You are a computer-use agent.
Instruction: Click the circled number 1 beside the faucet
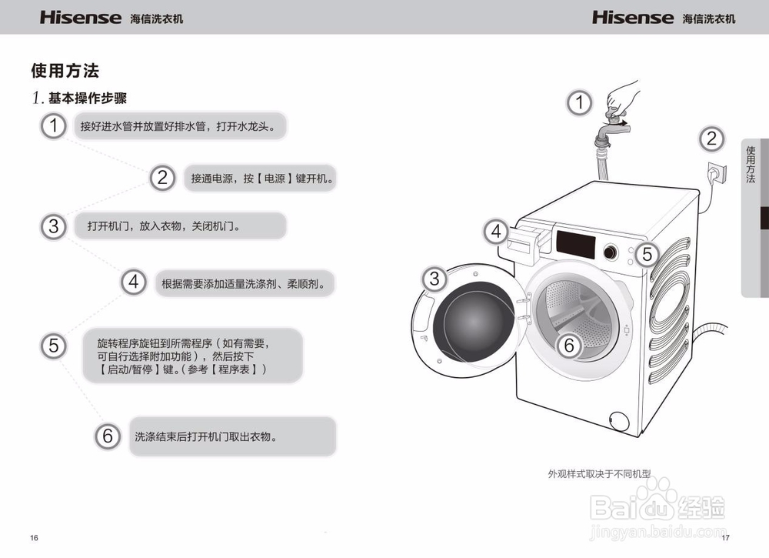pyautogui.click(x=580, y=102)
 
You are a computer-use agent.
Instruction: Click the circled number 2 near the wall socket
pyautogui.click(x=711, y=139)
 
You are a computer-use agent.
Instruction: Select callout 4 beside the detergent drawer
pyautogui.click(x=496, y=230)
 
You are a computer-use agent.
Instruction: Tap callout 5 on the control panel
pyautogui.click(x=647, y=254)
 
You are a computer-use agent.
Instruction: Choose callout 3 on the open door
pyautogui.click(x=434, y=279)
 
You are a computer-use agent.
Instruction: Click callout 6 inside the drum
pyautogui.click(x=569, y=346)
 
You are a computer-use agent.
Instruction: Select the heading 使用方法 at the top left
pyautogui.click(x=65, y=71)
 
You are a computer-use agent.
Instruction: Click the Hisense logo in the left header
pyautogui.click(x=81, y=17)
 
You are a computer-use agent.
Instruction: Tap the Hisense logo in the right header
pyautogui.click(x=632, y=17)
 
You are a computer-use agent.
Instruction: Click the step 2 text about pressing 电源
pyautogui.click(x=261, y=179)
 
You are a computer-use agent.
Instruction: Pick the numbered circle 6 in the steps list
pyautogui.click(x=108, y=436)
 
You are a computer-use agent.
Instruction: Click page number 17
pyautogui.click(x=725, y=536)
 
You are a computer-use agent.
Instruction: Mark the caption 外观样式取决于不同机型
pyautogui.click(x=598, y=474)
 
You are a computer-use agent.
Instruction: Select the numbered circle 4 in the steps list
pyautogui.click(x=134, y=282)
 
